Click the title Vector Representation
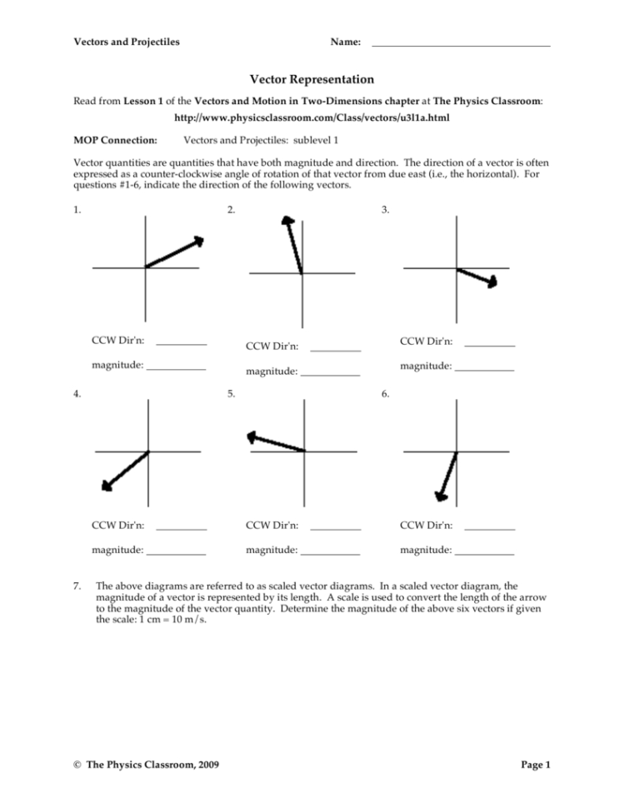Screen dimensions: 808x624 pyautogui.click(x=312, y=79)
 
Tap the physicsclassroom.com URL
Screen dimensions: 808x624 pyautogui.click(x=312, y=118)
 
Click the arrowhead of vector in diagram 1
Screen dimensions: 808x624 pyautogui.click(x=198, y=241)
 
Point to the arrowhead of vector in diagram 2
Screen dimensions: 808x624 pyautogui.click(x=288, y=222)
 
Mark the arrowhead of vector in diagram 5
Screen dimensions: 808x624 pyautogui.click(x=252, y=436)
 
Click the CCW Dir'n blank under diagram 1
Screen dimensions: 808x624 pyautogui.click(x=181, y=342)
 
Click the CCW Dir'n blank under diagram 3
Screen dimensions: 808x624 pyautogui.click(x=489, y=343)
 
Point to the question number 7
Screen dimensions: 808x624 pyautogui.click(x=77, y=586)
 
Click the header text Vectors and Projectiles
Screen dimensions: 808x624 pyautogui.click(x=127, y=42)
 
